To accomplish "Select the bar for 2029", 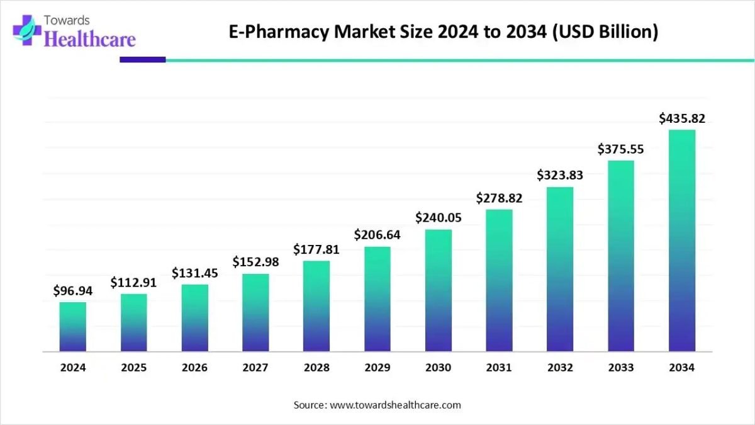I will tap(377, 298).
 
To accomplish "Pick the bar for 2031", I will tap(499, 280).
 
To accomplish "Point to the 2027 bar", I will tap(255, 312).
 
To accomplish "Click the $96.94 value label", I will tap(73, 290).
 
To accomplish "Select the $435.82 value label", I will tap(682, 118).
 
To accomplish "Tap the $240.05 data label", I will tap(439, 218).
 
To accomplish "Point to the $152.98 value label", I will tap(255, 261).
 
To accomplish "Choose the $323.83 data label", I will tap(560, 175).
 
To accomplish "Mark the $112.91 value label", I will tap(133, 283).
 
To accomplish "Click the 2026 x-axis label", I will tap(194, 368).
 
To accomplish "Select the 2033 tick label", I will tap(621, 368).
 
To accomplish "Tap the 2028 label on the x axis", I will tap(316, 368).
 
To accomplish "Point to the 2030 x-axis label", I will tap(439, 368).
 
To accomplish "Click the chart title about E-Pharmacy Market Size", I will tap(443, 31).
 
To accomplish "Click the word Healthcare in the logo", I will tap(91, 40).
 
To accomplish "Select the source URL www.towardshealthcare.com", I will tap(396, 405).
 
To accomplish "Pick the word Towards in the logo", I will tap(67, 20).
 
